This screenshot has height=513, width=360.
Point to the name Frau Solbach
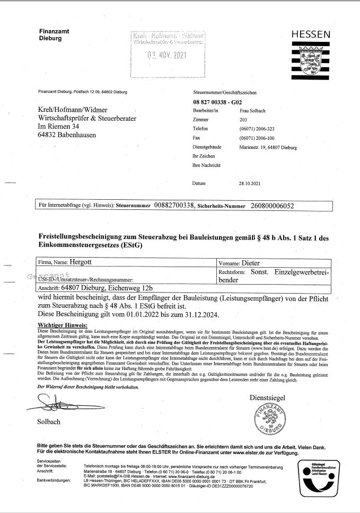click(252, 110)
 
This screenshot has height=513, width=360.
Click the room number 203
click(243, 120)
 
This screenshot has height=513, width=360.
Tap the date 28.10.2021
click(250, 183)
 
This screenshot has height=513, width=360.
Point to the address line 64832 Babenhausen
click(73, 135)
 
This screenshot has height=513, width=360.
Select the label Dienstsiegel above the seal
click(267, 397)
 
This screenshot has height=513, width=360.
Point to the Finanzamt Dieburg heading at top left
click(54, 35)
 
